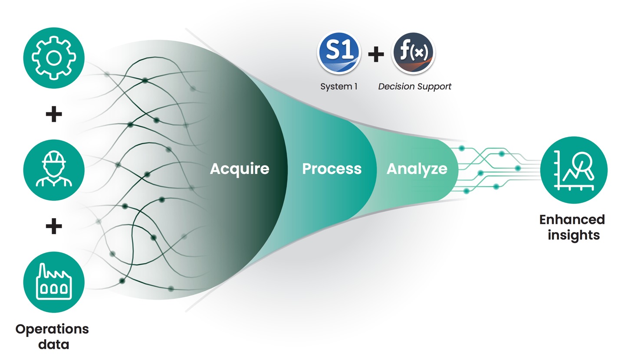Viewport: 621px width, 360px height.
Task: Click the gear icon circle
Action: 53,58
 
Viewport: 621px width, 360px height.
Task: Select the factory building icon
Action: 53,282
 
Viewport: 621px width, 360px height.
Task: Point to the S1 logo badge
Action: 339,53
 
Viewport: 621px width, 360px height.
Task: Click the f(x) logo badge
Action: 413,53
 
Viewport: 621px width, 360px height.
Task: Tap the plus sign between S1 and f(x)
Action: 376,54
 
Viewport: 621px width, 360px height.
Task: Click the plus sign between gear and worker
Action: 53,115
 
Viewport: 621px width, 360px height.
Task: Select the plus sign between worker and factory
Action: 53,226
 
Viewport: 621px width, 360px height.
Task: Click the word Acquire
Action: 239,168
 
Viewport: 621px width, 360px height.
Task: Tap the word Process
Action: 332,168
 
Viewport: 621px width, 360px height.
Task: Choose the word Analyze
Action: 417,168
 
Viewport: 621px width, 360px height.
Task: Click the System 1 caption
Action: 339,86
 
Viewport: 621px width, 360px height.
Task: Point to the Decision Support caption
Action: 414,86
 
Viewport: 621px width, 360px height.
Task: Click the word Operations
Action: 52,329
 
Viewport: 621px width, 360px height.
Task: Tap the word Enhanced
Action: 572,219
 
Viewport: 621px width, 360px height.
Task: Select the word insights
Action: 573,235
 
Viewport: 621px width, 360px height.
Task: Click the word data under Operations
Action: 53,344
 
